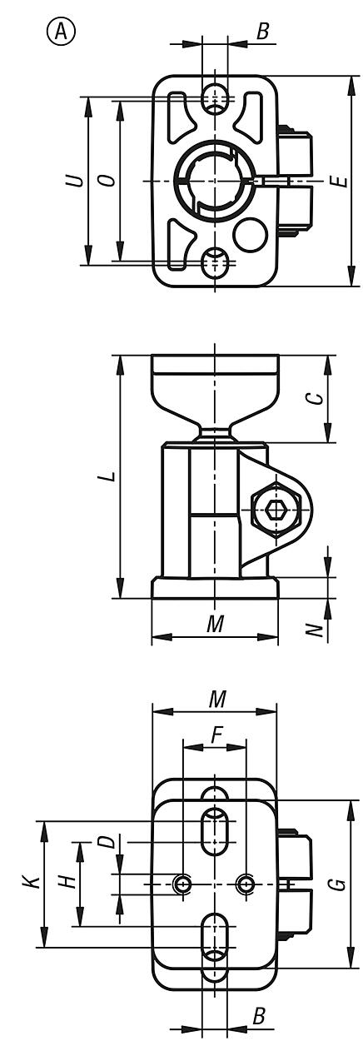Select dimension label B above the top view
263,32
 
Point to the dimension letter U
76,180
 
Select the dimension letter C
314,398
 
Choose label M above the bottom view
216,699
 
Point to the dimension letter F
216,735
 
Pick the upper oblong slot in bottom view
215,829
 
